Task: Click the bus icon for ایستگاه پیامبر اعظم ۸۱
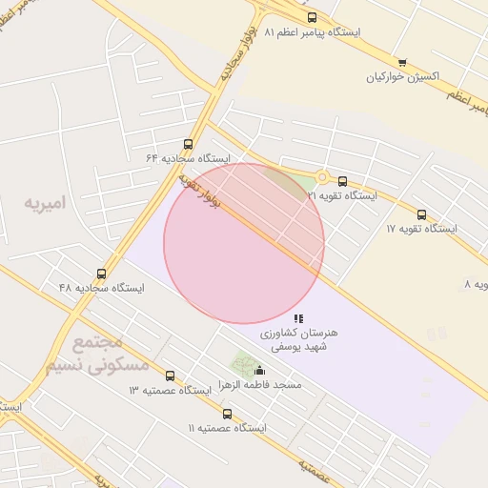pyautogui.click(x=312, y=17)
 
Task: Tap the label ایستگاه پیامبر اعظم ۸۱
pyautogui.click(x=313, y=32)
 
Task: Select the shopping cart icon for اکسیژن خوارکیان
pyautogui.click(x=402, y=63)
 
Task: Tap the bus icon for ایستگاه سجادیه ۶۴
pyautogui.click(x=188, y=143)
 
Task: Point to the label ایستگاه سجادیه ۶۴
pyautogui.click(x=188, y=157)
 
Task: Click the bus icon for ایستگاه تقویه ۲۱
pyautogui.click(x=342, y=181)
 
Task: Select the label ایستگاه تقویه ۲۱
pyautogui.click(x=341, y=195)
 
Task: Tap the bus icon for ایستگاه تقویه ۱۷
pyautogui.click(x=421, y=214)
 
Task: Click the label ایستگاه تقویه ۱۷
pyautogui.click(x=421, y=229)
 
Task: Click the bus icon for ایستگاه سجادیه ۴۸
pyautogui.click(x=101, y=273)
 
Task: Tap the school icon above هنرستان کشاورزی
pyautogui.click(x=298, y=318)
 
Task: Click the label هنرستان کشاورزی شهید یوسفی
pyautogui.click(x=298, y=340)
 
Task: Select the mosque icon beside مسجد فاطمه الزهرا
pyautogui.click(x=260, y=371)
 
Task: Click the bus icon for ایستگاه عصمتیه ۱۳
pyautogui.click(x=170, y=376)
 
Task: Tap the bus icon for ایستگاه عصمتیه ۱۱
pyautogui.click(x=227, y=414)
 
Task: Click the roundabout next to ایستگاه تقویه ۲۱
pyautogui.click(x=322, y=176)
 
